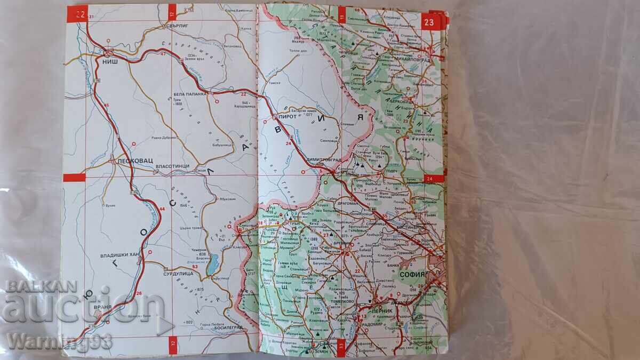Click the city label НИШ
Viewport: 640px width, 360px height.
[x=110, y=61]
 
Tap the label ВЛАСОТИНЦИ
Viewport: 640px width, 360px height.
[x=172, y=166]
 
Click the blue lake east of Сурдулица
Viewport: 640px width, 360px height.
[x=214, y=263]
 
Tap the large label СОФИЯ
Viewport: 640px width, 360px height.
[x=411, y=275]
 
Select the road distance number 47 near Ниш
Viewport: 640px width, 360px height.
[x=163, y=53]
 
